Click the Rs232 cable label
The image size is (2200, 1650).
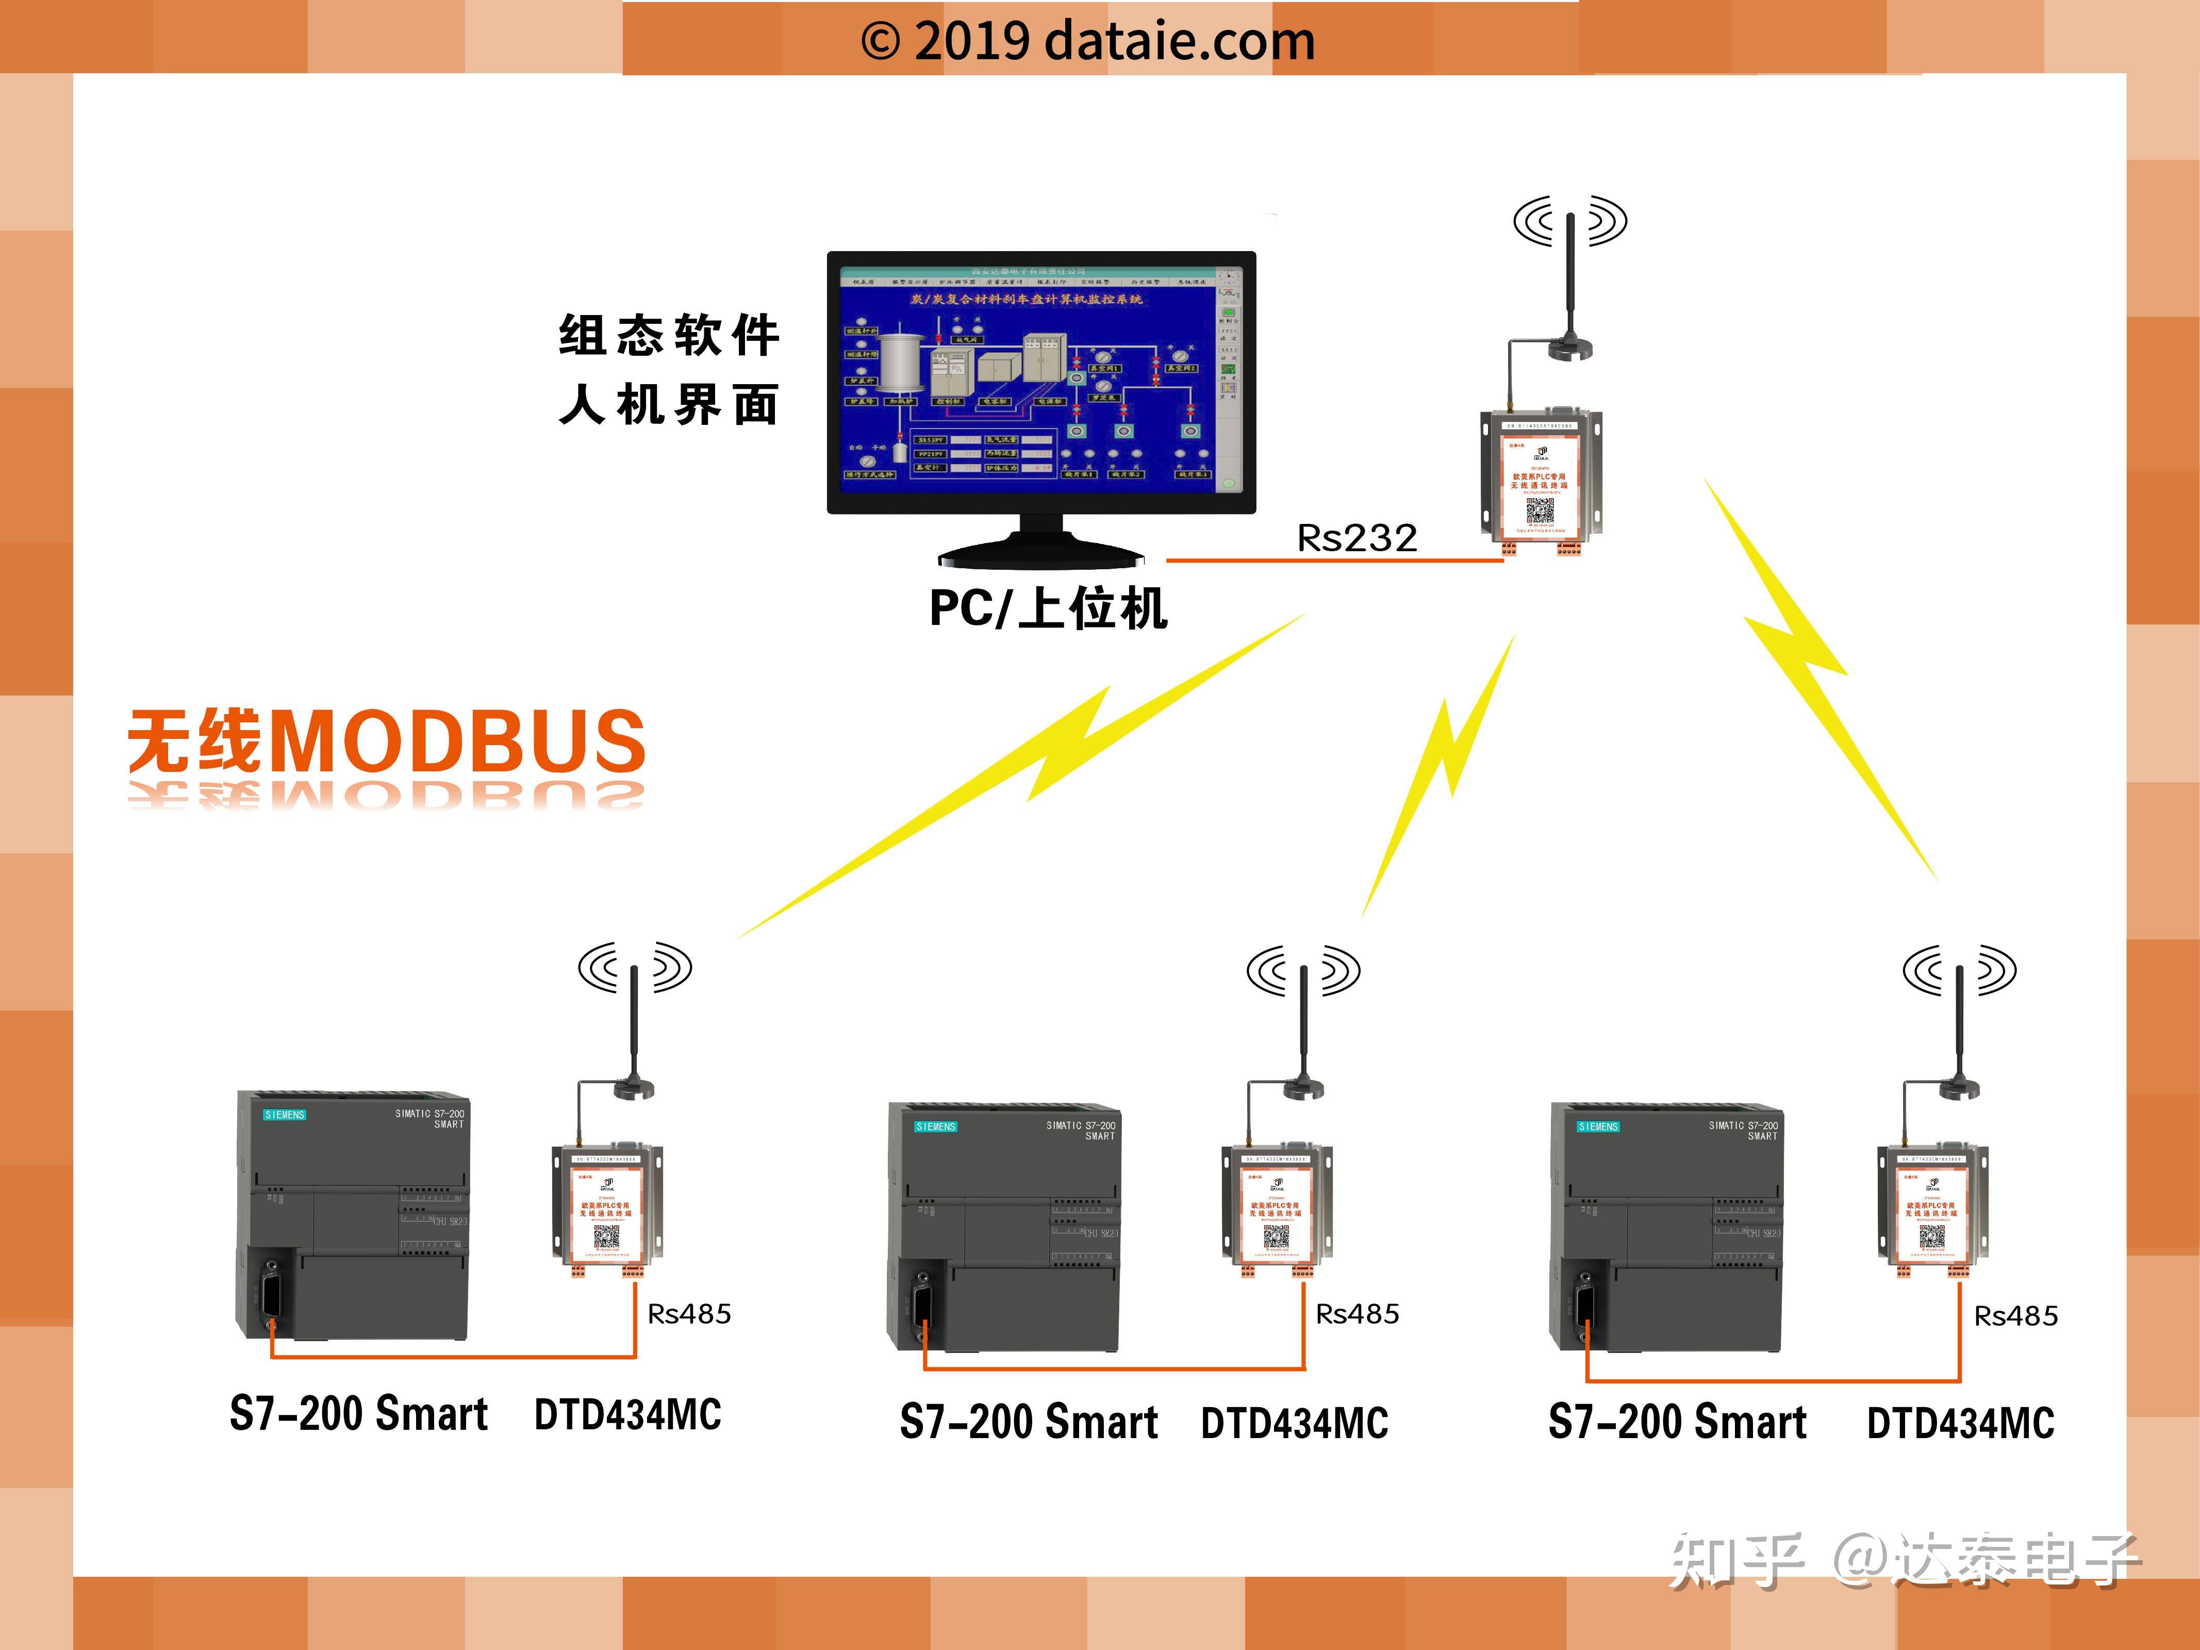pos(1357,538)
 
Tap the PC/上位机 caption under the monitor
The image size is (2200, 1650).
pos(1047,608)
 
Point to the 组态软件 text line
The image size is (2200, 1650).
pos(668,335)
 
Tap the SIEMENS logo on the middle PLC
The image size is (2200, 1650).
pos(935,1127)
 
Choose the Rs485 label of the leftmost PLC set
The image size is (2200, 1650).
pos(689,1314)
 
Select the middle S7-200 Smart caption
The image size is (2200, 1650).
pos(1029,1422)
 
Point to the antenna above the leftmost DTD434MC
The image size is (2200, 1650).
pos(634,1025)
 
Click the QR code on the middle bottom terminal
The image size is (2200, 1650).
pos(1276,1236)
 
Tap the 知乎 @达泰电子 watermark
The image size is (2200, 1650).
pos(1903,1559)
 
